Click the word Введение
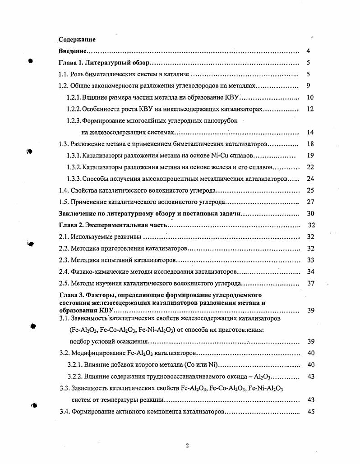[x=73, y=51]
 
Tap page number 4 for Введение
[x=308, y=51]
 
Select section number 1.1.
[x=65, y=74]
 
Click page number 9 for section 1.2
[x=308, y=86]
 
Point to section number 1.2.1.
[x=74, y=97]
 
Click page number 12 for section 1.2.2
[x=309, y=109]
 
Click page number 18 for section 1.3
[x=309, y=144]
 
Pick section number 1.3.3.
[x=74, y=179]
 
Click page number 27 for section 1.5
[x=310, y=202]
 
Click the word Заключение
[x=77, y=214]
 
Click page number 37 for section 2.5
[x=310, y=283]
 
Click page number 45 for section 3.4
[x=310, y=411]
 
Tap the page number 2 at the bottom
[x=187, y=446]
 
